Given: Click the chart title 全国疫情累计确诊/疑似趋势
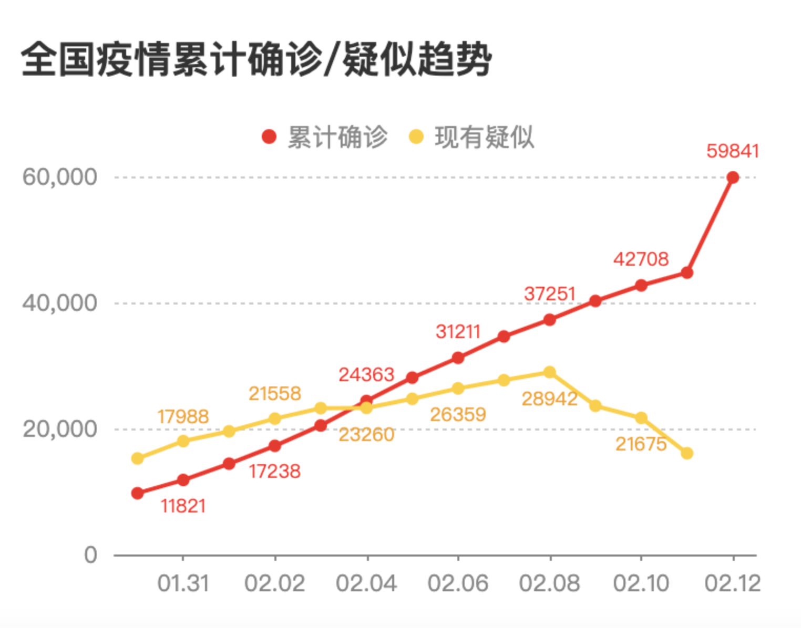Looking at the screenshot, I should tap(256, 59).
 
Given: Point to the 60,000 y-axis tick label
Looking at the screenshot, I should tap(60, 177).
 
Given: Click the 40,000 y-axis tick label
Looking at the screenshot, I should tap(60, 303).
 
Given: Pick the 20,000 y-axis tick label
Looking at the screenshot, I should tap(60, 429).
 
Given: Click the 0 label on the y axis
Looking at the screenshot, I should tap(91, 555).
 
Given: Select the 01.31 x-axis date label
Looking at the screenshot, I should tap(183, 583).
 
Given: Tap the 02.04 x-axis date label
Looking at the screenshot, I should tap(366, 583).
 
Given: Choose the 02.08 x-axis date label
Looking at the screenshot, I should tap(549, 583).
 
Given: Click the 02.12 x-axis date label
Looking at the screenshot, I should tap(733, 583).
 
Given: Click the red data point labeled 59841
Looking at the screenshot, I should tap(733, 177).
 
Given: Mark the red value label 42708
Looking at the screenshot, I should tap(641, 259).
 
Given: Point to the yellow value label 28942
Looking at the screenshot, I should tap(549, 399).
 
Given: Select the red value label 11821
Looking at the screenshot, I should tap(183, 506).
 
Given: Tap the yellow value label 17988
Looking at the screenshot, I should tap(183, 417).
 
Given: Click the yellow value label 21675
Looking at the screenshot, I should tap(641, 444).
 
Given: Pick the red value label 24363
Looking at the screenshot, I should tap(366, 375).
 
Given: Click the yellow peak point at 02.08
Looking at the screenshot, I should tap(550, 372).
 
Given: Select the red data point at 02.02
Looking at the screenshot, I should tap(275, 446).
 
